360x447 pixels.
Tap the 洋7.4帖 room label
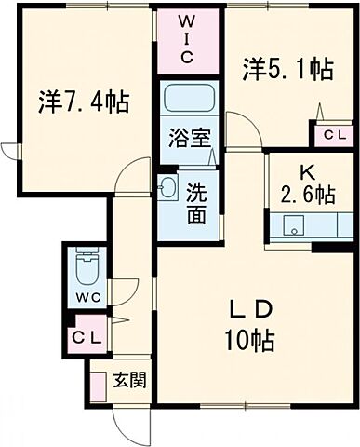click(84, 100)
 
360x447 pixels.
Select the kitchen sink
click(294, 224)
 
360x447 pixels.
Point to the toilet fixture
click(85, 270)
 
